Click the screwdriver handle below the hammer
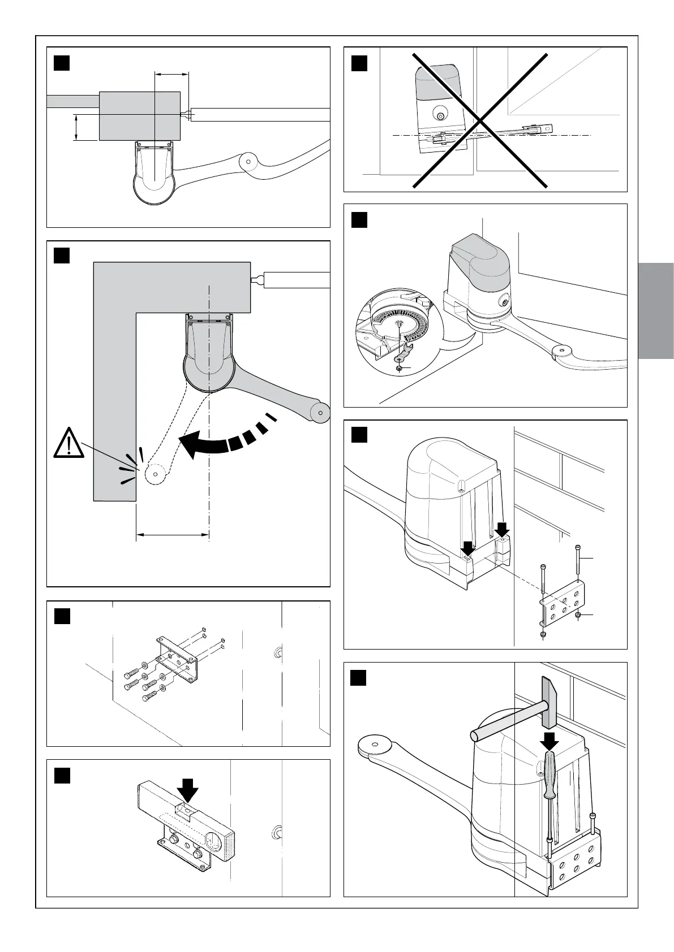pyautogui.click(x=549, y=774)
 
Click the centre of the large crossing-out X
pyautogui.click(x=480, y=120)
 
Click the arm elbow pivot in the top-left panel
pyautogui.click(x=247, y=161)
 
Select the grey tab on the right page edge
pyautogui.click(x=656, y=310)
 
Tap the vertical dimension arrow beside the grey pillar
pyautogui.click(x=76, y=127)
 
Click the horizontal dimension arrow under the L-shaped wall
pyautogui.click(x=173, y=534)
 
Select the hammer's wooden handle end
pyautogui.click(x=477, y=735)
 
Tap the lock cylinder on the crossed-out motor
pyautogui.click(x=439, y=115)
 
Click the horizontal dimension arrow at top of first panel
pyautogui.click(x=171, y=73)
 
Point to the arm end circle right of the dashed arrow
pyautogui.click(x=321, y=412)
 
